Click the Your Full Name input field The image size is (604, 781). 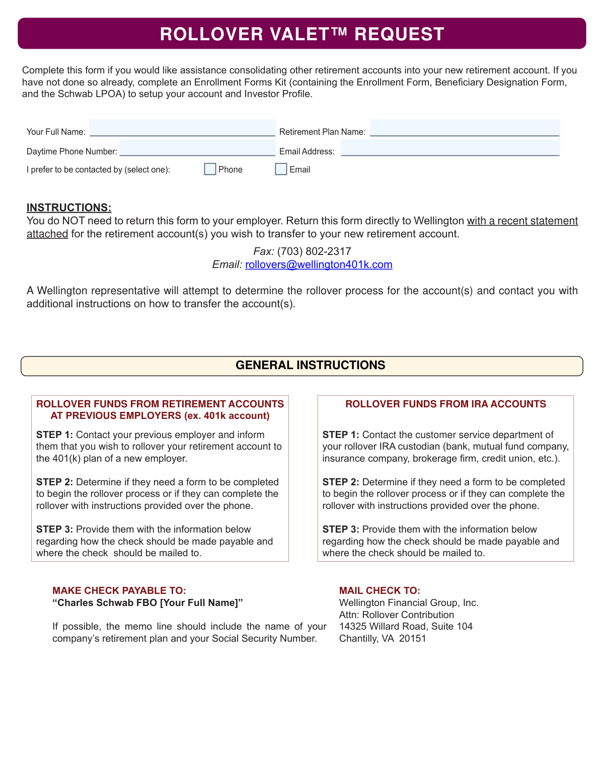pos(182,128)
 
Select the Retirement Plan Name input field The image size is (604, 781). pos(465,128)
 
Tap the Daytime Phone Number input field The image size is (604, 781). pos(197,148)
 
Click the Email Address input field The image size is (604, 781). pos(450,148)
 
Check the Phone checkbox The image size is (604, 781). pos(210,169)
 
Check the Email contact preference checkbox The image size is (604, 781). pos(281,169)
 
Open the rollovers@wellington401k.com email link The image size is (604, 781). pos(319,265)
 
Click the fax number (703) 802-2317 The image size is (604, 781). pos(314,251)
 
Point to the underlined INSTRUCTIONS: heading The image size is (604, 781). pos(69,208)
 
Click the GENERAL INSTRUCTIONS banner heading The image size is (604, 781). pos(310,365)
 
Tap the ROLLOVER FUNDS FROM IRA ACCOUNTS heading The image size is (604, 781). pos(445,404)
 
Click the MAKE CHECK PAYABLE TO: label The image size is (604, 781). pos(119,590)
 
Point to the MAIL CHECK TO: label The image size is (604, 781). pos(380,590)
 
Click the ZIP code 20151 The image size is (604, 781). pos(413,638)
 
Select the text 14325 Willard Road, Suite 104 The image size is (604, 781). pos(406,626)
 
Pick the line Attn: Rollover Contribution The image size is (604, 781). pos(397,615)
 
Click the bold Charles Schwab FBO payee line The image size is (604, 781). pos(147,602)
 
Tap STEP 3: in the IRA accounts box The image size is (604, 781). pos(341,530)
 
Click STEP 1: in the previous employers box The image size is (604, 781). pos(54,435)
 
